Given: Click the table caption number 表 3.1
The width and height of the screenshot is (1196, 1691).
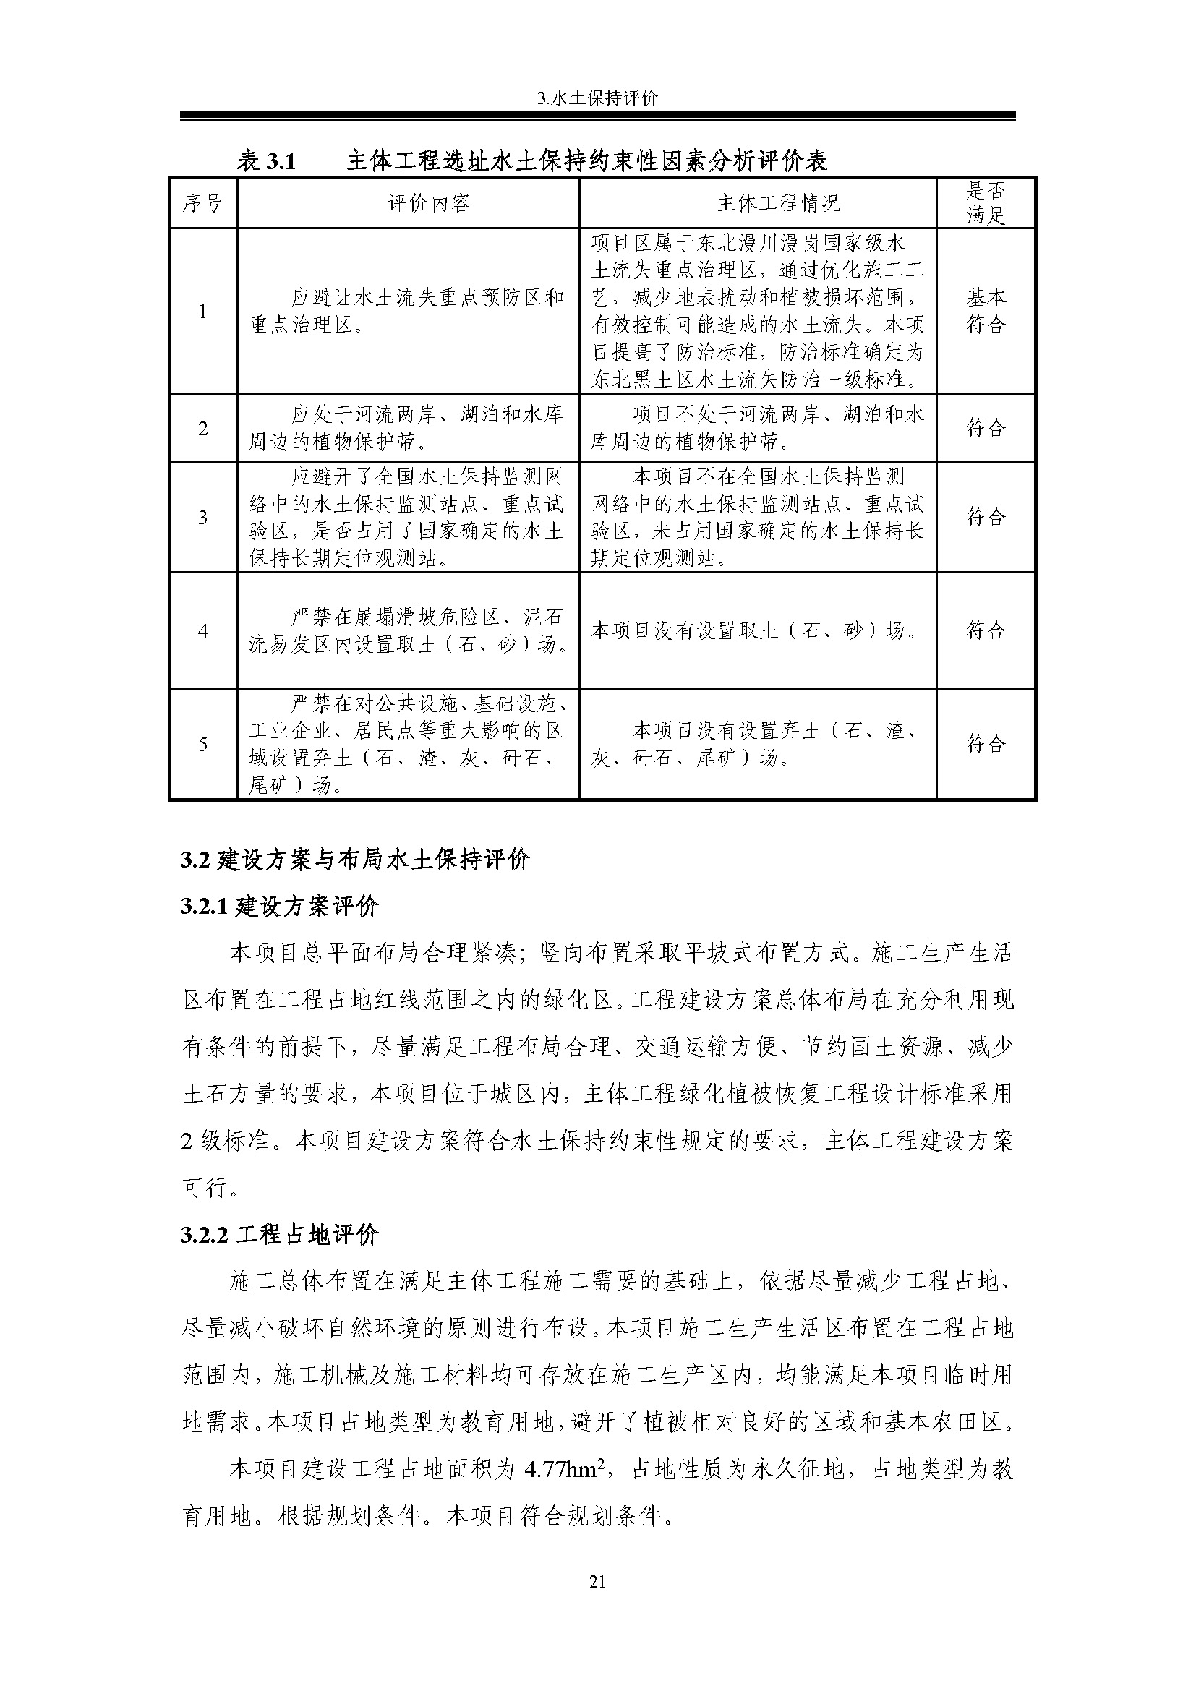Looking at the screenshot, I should click(266, 160).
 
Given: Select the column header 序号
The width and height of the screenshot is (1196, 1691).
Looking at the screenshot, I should click(202, 203).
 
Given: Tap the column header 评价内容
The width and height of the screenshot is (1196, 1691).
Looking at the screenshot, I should click(408, 203).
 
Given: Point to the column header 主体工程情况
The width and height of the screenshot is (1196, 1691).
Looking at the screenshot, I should click(757, 203).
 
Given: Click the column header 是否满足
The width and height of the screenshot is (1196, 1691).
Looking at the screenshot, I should click(986, 203).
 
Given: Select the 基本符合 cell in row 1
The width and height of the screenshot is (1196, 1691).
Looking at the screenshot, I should click(986, 311).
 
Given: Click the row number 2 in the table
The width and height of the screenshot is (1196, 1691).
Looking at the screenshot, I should click(202, 429).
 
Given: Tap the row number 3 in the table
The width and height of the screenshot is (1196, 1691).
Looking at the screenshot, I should click(202, 517).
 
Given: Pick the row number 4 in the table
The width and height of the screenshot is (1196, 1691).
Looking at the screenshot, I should click(202, 631).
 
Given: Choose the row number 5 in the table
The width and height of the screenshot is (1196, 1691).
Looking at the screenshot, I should click(202, 745).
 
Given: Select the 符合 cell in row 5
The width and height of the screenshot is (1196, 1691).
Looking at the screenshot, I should click(986, 744).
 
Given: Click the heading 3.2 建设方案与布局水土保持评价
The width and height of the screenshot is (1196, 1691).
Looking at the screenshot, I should click(355, 860).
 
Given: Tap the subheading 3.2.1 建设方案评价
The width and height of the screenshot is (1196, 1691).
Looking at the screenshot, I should click(280, 906).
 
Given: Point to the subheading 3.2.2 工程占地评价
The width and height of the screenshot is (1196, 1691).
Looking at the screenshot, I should click(280, 1234).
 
